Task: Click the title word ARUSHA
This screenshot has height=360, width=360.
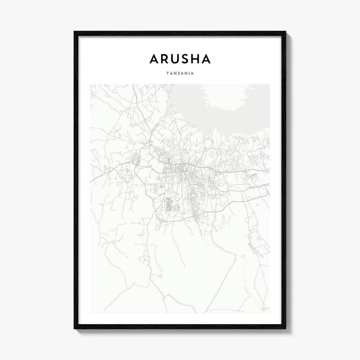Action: tap(180, 59)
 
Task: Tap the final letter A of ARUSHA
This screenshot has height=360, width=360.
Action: tap(206, 59)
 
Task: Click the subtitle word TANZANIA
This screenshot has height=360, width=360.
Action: tap(180, 74)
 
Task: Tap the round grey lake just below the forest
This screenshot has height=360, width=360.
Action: tap(212, 154)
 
